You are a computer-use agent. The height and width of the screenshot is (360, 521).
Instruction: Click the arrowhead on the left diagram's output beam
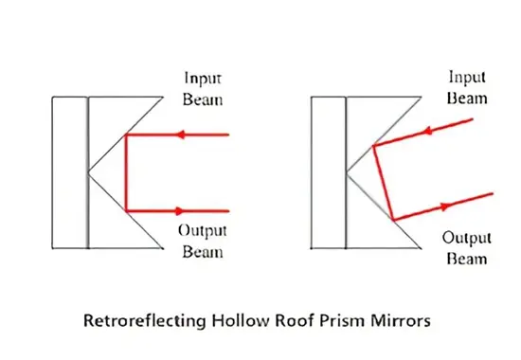pos(180,210)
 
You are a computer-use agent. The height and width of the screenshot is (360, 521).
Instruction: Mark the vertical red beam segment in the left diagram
pos(126,172)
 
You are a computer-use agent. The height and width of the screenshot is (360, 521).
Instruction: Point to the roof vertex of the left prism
pos(89,172)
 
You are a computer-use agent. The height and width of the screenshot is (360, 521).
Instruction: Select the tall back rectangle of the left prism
pos(70,172)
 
